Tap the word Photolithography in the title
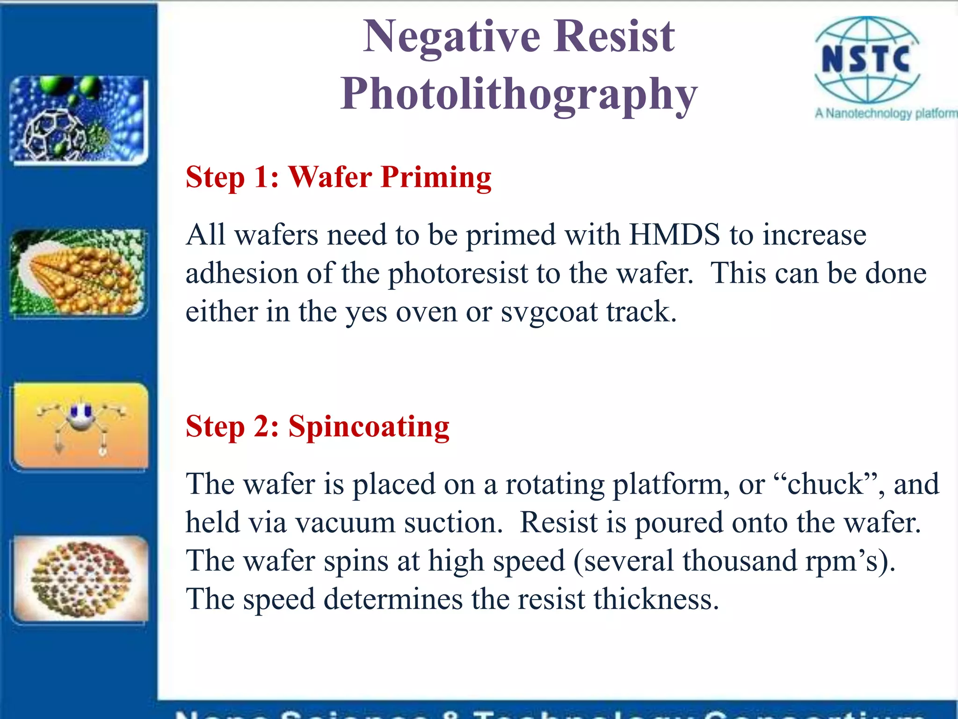point(518,95)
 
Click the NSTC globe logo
point(867,60)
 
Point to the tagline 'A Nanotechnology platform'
point(885,113)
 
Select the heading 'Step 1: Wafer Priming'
point(338,177)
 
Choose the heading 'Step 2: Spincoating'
point(317,427)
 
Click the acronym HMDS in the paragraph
point(675,235)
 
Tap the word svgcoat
point(549,312)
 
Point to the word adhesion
point(241,273)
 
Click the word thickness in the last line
point(656,600)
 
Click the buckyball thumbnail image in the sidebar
point(79,119)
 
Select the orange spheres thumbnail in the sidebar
point(79,273)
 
